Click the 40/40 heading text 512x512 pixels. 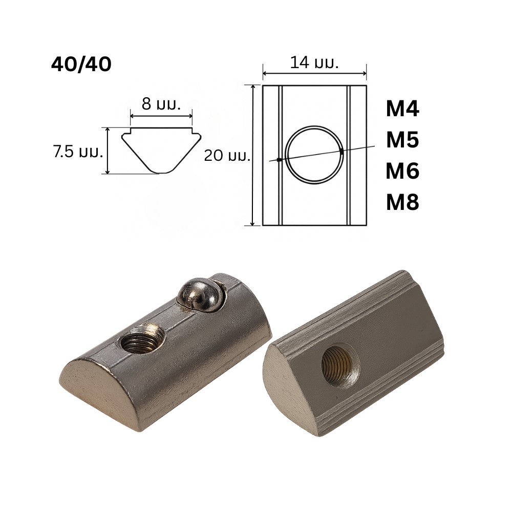(x=81, y=65)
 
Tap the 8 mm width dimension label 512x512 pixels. (x=161, y=104)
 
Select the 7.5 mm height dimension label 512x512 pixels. (x=78, y=152)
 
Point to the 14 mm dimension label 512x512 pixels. (x=314, y=62)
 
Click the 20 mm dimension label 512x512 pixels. (x=227, y=156)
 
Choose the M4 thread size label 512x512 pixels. (x=402, y=109)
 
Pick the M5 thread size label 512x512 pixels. (x=402, y=140)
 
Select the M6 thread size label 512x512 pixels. (x=402, y=171)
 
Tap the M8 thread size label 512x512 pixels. (x=402, y=202)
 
